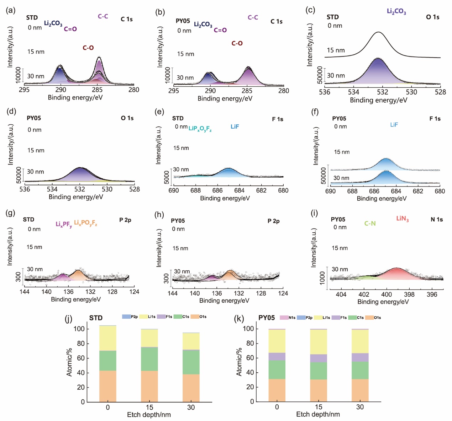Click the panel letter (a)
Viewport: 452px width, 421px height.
(x=11, y=10)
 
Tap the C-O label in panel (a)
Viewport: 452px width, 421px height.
(x=88, y=48)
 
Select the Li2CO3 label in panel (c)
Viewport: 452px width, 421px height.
(x=396, y=11)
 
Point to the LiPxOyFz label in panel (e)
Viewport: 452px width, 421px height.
(x=200, y=129)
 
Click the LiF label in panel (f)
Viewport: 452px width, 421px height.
(x=394, y=125)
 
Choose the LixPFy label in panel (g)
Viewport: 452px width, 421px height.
(x=63, y=224)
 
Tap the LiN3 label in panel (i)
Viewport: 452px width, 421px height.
(x=402, y=218)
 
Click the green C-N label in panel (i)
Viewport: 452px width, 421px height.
(x=370, y=223)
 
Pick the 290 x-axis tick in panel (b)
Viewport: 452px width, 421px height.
(x=210, y=91)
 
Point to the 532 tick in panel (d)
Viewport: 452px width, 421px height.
(x=80, y=189)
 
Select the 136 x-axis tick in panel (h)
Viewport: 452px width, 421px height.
(x=216, y=293)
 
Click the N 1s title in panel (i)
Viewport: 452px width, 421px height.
(x=437, y=220)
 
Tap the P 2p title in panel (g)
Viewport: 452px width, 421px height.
(x=125, y=220)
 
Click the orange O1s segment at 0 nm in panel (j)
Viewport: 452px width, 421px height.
(x=107, y=386)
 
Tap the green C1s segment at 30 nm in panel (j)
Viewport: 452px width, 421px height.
(x=191, y=362)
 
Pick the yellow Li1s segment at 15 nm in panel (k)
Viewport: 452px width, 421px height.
(x=319, y=342)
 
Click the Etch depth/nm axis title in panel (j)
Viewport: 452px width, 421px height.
(x=149, y=415)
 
